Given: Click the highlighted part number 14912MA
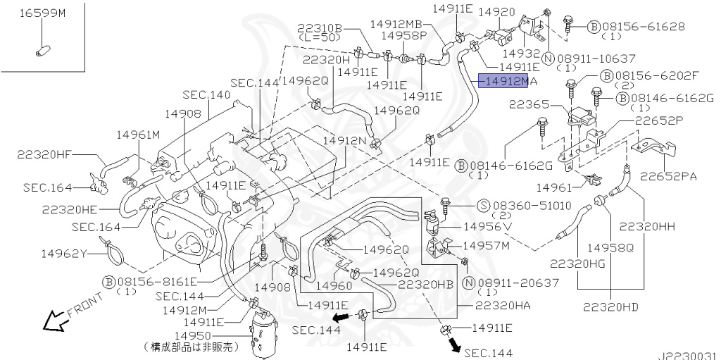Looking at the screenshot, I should (506, 82).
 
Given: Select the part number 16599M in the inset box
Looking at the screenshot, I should (41, 13).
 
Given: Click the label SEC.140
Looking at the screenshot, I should (206, 94).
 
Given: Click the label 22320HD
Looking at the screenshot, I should (610, 306).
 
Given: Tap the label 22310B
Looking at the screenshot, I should (320, 29).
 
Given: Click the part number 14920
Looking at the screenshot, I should (496, 12).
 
